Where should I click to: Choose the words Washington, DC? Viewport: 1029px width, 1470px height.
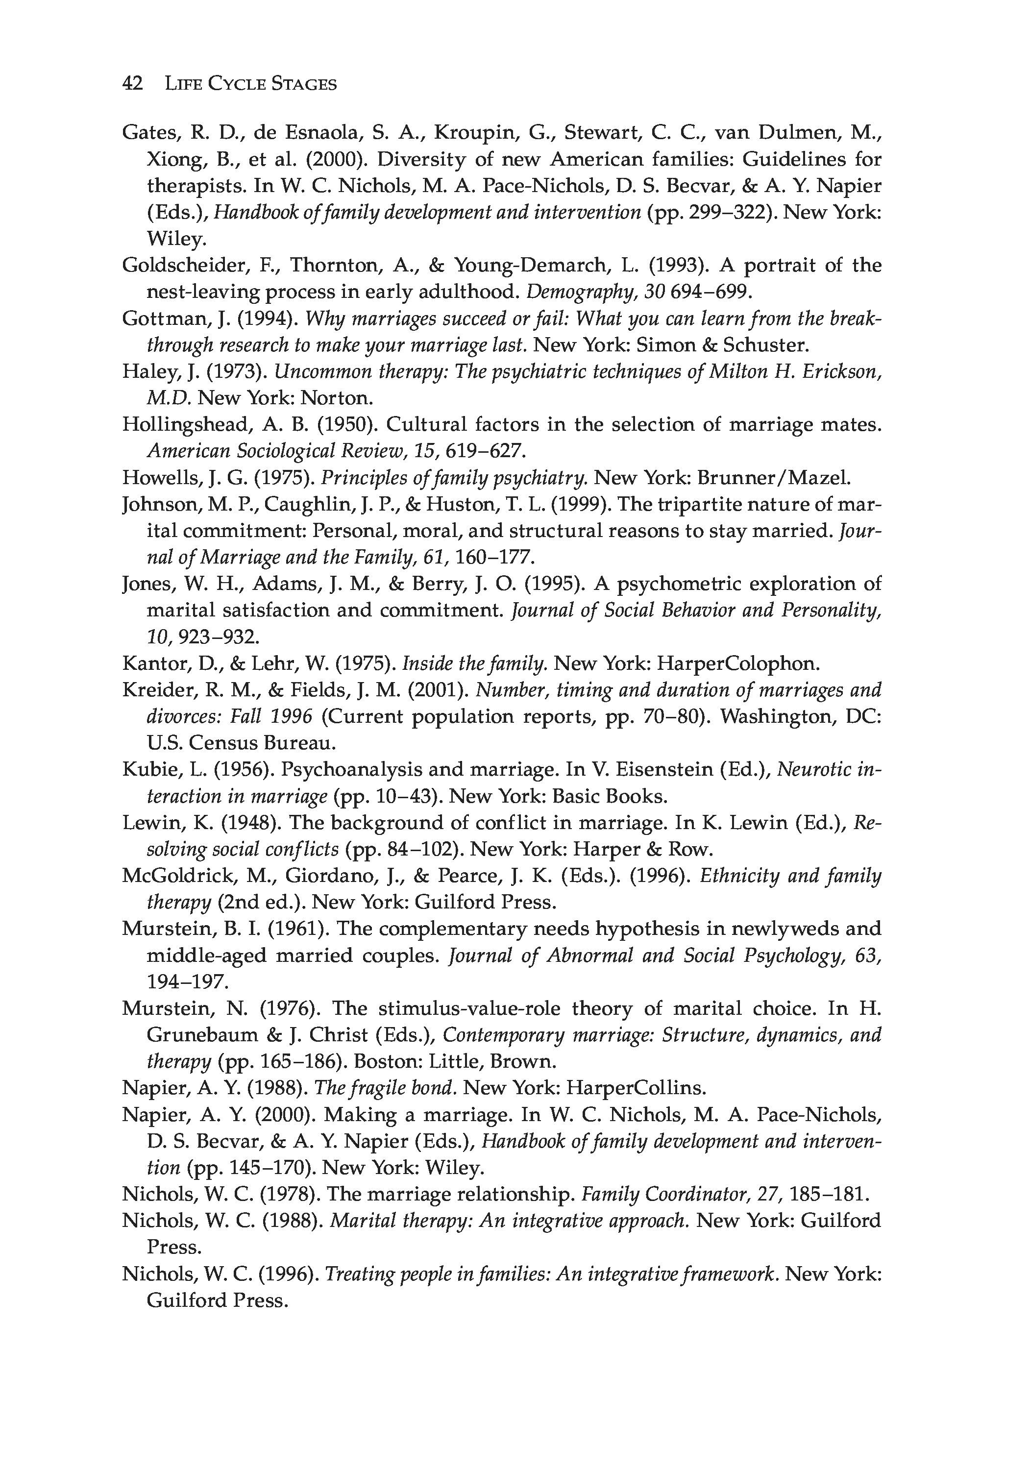(x=801, y=716)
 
